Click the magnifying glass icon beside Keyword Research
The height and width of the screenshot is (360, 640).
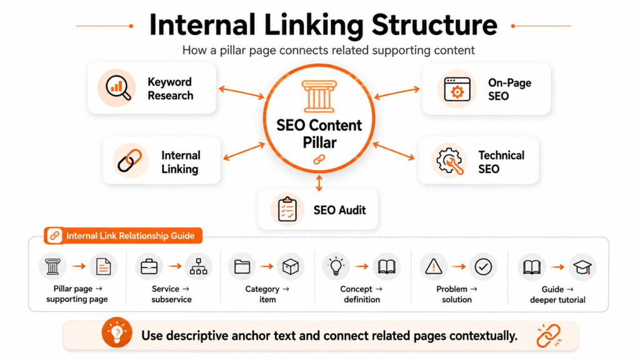click(x=118, y=87)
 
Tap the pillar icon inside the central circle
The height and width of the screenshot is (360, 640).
click(x=319, y=96)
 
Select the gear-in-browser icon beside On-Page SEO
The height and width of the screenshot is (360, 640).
click(x=457, y=89)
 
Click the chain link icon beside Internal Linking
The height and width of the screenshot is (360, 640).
click(x=130, y=161)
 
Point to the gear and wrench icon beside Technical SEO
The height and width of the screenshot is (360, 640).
click(x=449, y=161)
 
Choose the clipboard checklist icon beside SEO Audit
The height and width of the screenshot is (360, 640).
click(x=287, y=209)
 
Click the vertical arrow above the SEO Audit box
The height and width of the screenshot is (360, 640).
click(x=319, y=183)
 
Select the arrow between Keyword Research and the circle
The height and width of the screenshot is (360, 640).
click(x=242, y=92)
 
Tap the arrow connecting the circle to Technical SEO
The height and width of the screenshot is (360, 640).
click(x=394, y=151)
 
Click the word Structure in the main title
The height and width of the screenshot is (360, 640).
click(x=434, y=25)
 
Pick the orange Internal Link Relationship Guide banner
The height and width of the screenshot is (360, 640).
click(x=123, y=236)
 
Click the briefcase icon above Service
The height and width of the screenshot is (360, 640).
click(x=149, y=267)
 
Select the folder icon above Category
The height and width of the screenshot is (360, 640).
click(x=242, y=267)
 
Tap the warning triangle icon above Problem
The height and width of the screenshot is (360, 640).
click(x=434, y=267)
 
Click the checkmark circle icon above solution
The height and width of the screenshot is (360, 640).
click(x=483, y=267)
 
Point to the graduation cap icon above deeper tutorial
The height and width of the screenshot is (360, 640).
click(x=582, y=267)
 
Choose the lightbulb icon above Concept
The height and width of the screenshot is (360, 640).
click(x=336, y=266)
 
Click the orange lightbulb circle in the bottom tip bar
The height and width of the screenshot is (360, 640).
click(x=117, y=332)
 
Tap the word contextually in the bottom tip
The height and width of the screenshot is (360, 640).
click(x=483, y=336)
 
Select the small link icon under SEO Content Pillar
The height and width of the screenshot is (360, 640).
click(x=319, y=159)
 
